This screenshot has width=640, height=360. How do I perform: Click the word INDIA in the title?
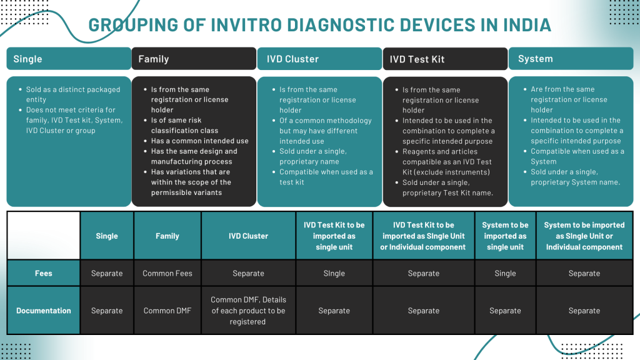pos(527,25)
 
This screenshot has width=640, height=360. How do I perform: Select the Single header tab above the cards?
pos(69,59)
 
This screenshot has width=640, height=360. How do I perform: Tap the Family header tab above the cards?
pos(194,59)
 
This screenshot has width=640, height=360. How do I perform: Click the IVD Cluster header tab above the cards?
pos(319,59)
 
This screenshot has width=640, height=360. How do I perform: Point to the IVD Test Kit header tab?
pos(445,59)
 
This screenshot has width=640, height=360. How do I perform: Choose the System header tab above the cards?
pos(571,59)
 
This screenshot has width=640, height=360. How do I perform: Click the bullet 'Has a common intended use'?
pos(199,141)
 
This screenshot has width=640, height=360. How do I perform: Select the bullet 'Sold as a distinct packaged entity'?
pos(73,94)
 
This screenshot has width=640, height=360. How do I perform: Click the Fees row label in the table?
pos(44,273)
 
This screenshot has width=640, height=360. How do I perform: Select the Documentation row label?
pos(44,311)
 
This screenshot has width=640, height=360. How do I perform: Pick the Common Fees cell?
pos(167,273)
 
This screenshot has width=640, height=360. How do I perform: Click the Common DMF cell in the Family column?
pos(167,311)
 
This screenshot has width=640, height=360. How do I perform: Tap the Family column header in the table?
pos(167,236)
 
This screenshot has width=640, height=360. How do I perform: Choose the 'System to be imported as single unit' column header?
pos(505,236)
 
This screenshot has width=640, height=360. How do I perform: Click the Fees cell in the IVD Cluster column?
pos(249,273)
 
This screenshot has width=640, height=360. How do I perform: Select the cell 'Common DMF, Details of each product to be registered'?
pos(249,311)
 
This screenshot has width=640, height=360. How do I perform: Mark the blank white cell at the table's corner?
pos(44,236)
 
